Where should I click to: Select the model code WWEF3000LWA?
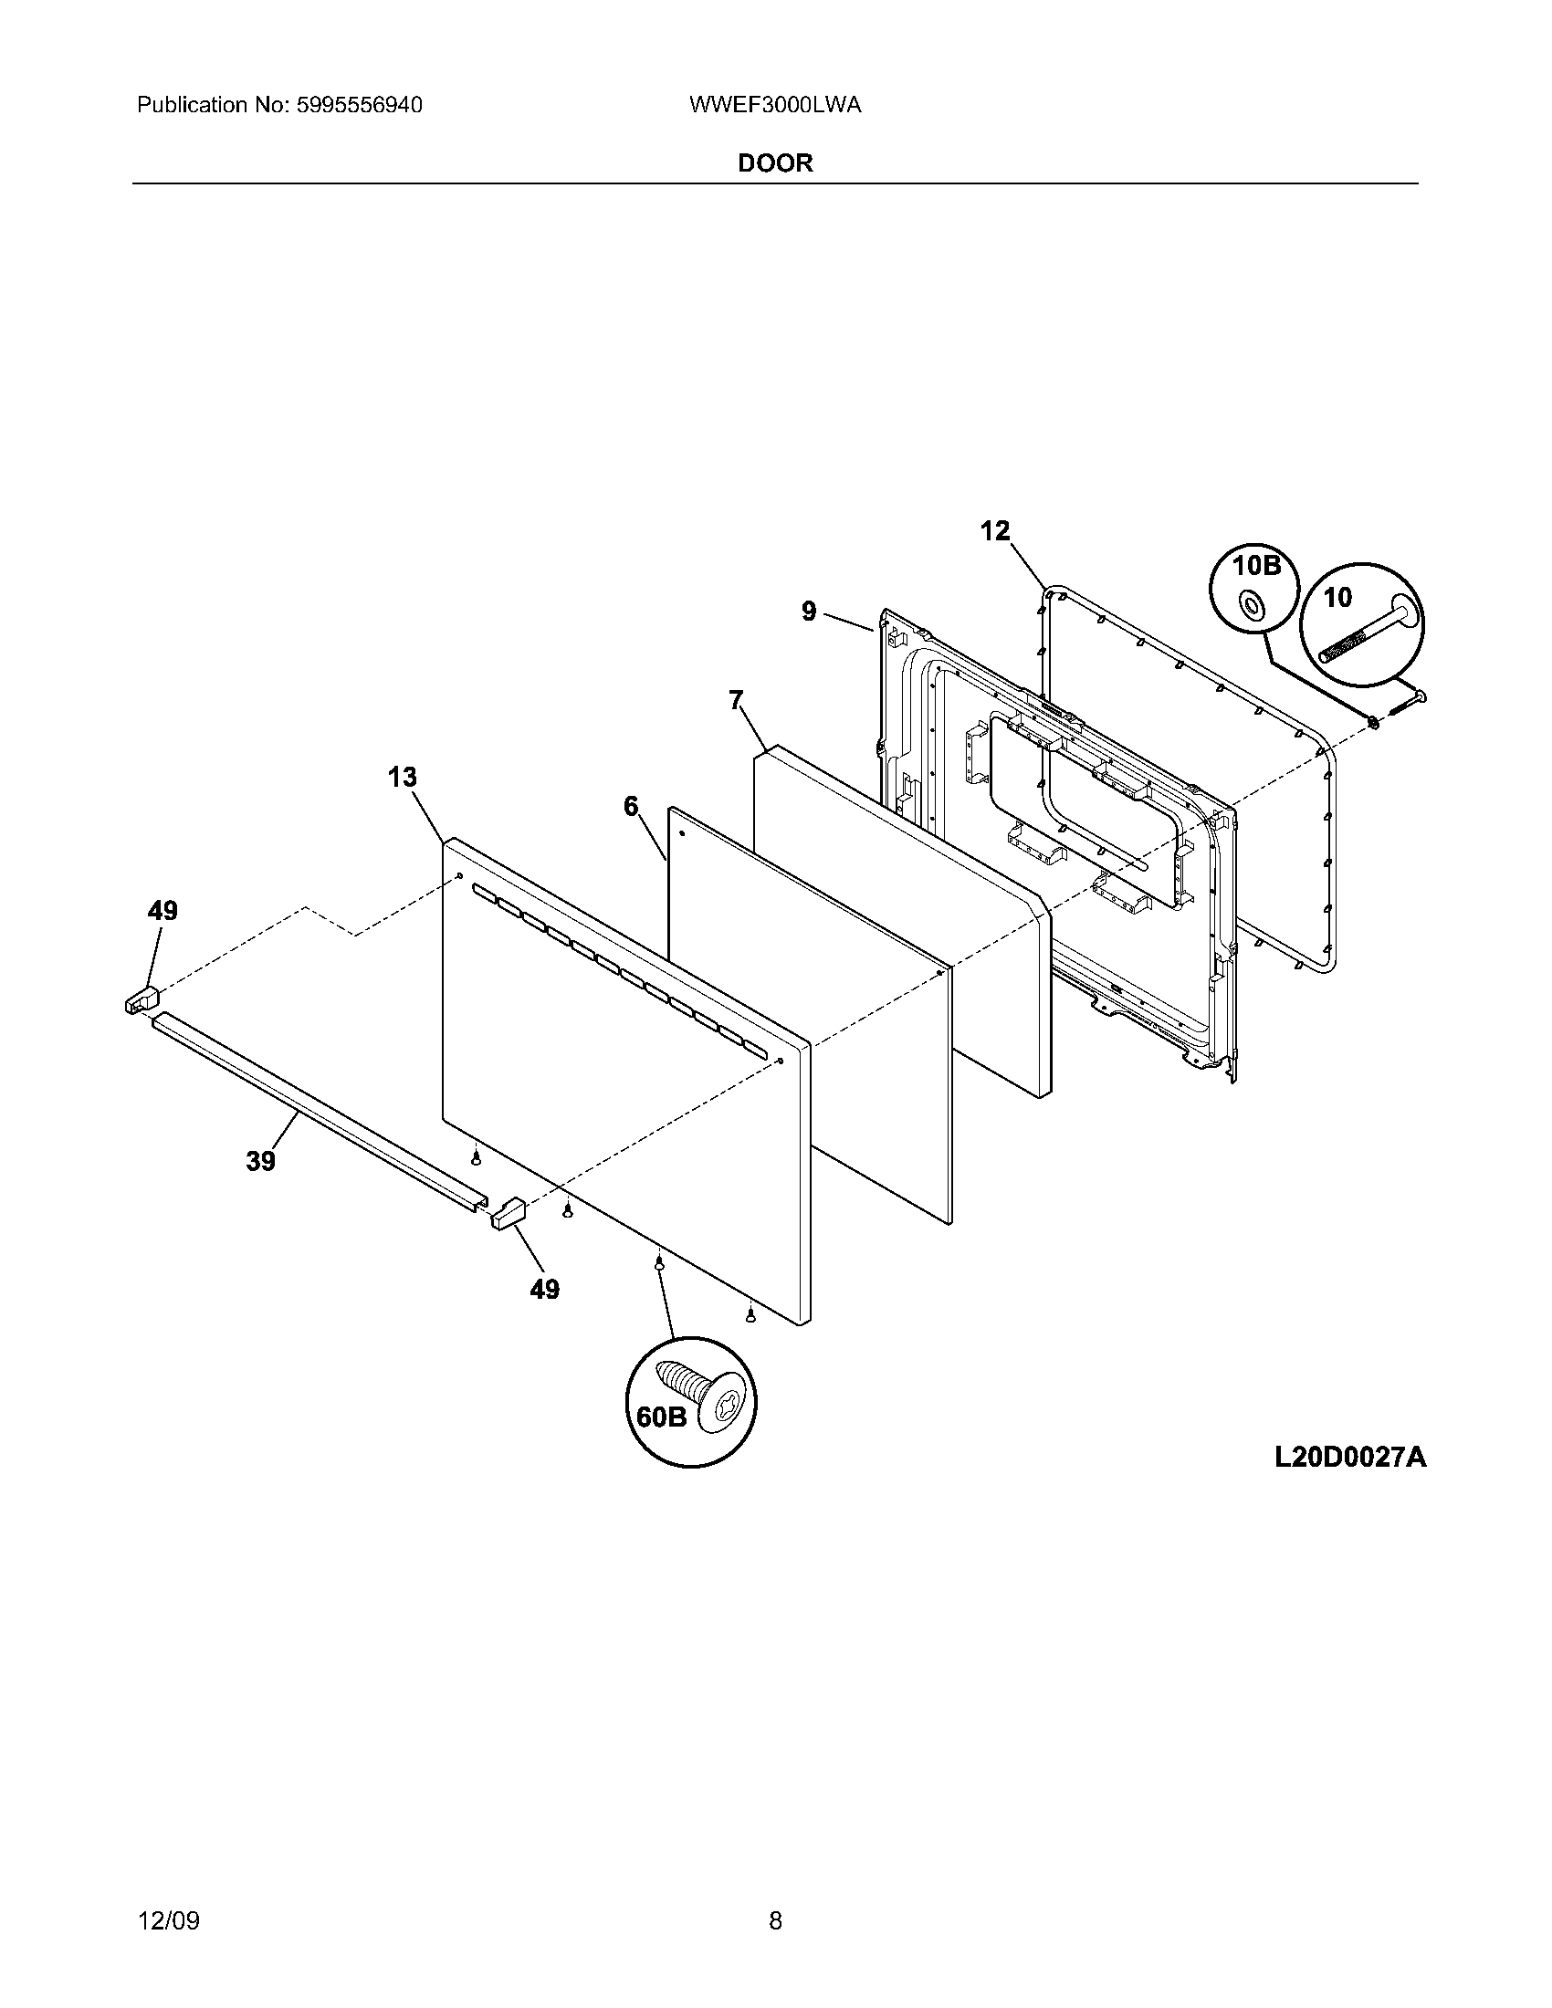774,106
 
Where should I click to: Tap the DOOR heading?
775,163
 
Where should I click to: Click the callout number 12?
994,530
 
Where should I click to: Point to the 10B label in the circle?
1256,566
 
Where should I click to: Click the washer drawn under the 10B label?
1251,604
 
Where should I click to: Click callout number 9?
808,612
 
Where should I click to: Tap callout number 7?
736,701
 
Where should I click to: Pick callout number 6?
630,806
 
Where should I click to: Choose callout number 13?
402,778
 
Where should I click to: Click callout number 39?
261,1161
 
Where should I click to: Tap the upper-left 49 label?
163,911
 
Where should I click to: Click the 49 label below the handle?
544,1289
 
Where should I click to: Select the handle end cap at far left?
141,999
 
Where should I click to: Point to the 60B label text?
662,1417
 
